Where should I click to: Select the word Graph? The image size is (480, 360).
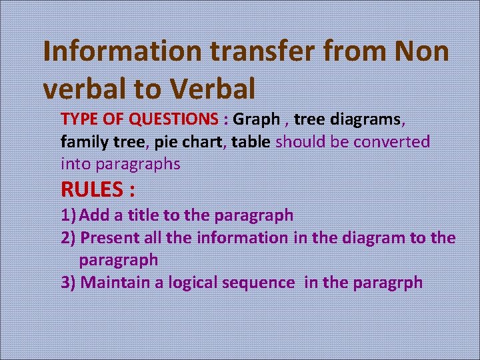point(257,119)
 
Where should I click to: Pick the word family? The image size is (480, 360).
point(83,141)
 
